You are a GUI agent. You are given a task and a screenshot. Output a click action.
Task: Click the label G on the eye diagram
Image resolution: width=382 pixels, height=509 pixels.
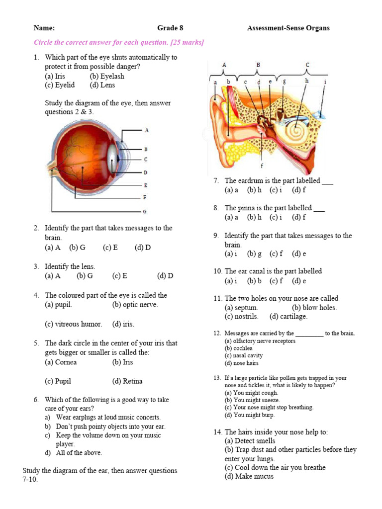145,212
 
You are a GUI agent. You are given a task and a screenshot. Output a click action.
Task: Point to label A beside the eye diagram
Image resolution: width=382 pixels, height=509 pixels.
147,130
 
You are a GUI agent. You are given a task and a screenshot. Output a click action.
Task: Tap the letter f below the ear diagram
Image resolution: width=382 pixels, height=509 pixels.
262,166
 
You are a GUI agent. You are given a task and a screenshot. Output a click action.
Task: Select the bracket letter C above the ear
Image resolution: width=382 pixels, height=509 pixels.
307,65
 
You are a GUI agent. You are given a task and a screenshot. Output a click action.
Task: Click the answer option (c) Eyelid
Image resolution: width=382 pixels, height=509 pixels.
60,85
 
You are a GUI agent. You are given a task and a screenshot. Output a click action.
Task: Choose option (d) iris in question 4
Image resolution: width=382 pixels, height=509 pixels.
123,324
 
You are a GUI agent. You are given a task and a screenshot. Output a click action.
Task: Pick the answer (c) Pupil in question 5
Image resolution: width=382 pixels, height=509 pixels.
58,381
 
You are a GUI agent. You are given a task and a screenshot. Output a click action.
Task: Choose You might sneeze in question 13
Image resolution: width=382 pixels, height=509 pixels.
252,400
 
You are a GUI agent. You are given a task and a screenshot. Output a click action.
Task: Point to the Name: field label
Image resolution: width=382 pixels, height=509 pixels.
44,28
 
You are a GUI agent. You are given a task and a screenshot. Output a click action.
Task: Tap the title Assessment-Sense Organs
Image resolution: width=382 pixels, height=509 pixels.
288,28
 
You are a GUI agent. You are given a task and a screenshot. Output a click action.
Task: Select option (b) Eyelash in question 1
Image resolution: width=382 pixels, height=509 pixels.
107,76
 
